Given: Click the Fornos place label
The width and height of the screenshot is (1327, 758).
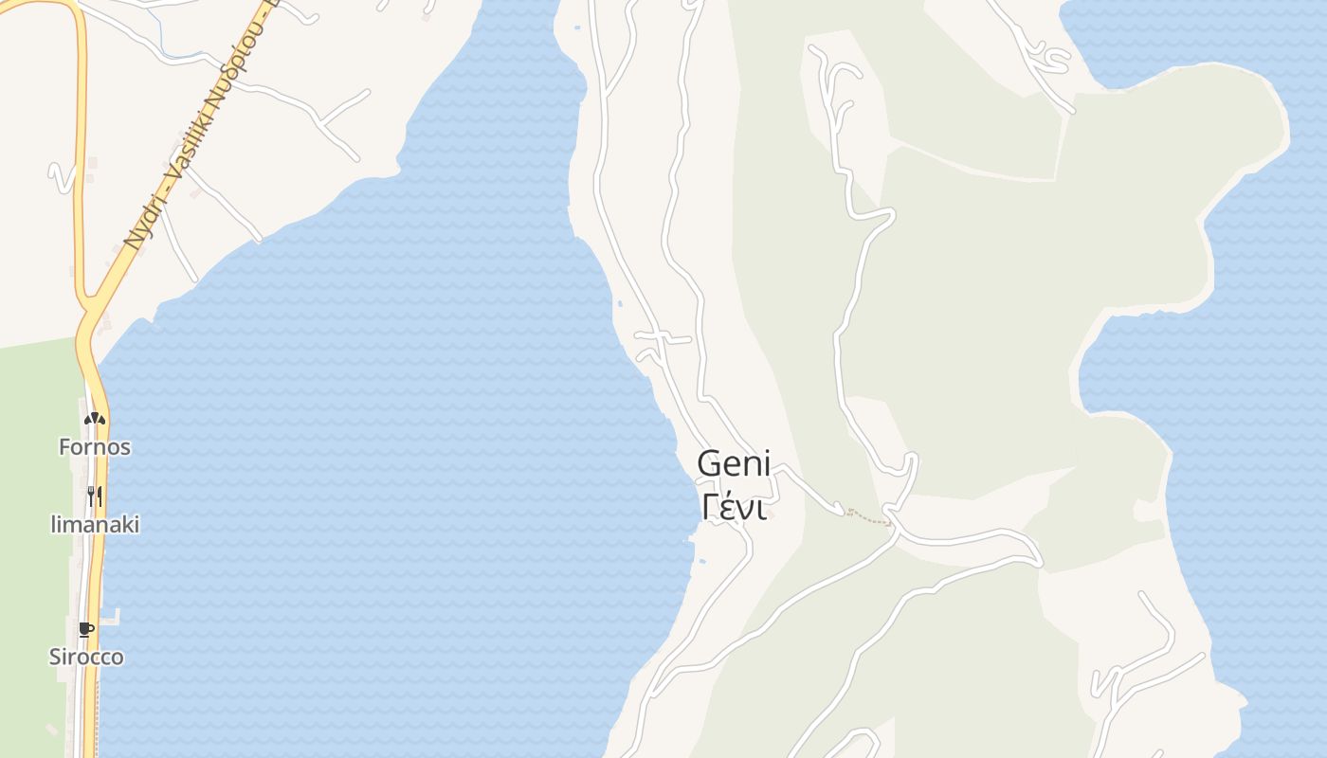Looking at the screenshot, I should [x=94, y=447].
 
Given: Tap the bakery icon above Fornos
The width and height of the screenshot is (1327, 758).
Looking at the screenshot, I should [x=94, y=418].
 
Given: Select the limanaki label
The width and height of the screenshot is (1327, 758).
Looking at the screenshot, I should [x=95, y=524].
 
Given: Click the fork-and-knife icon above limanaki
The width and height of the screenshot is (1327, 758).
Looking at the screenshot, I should [x=94, y=495].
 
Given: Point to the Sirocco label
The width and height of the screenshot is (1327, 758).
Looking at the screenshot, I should [x=86, y=657].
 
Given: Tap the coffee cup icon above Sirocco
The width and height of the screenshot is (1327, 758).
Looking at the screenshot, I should [x=86, y=628].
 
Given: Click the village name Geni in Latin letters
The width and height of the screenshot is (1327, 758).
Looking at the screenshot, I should [x=734, y=465].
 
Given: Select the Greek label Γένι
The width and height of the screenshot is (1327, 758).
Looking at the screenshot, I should [x=734, y=507].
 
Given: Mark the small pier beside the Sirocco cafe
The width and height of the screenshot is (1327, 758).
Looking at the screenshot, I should [x=112, y=617].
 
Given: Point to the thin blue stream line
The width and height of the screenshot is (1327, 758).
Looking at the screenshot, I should [x=166, y=38].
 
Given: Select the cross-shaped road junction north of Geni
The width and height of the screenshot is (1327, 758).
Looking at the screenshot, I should [x=663, y=337].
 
